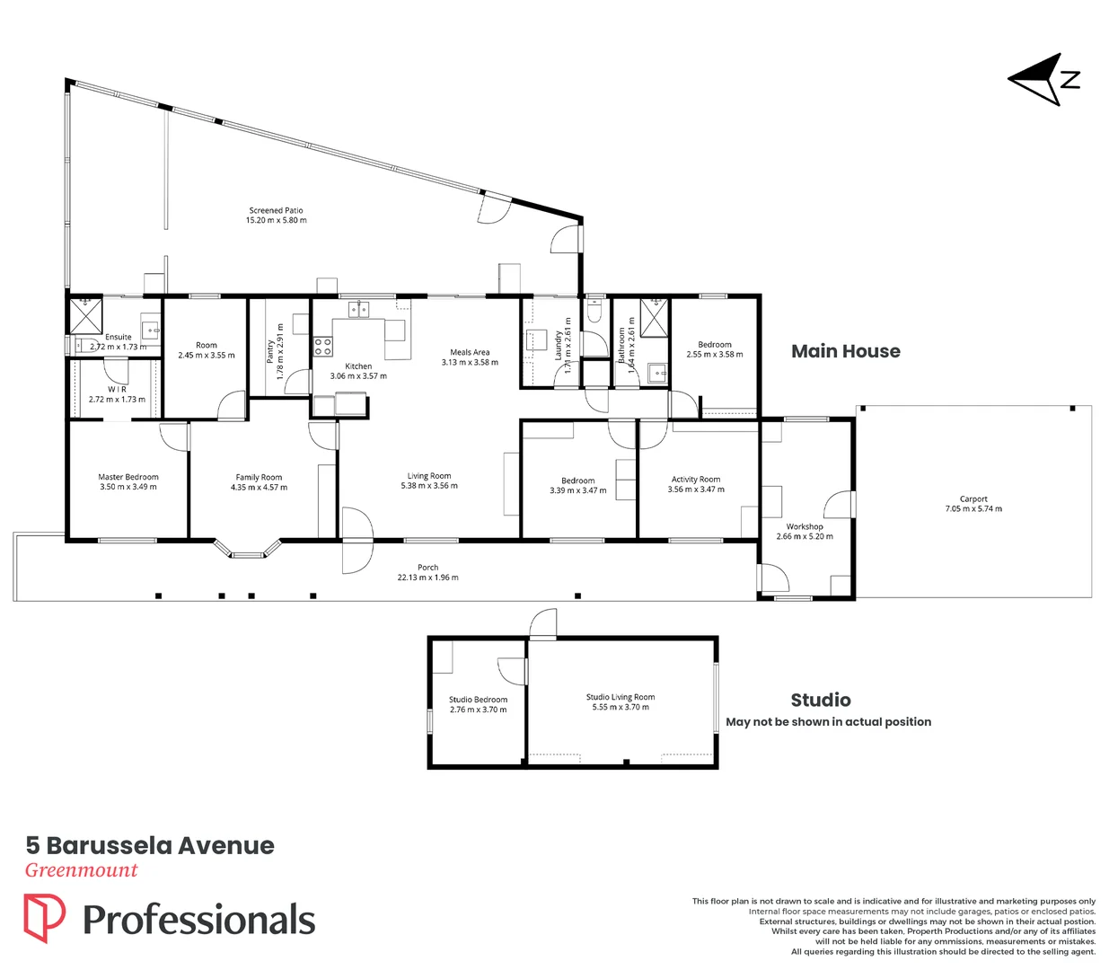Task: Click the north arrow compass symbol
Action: tap(1043, 80)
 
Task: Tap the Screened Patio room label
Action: tap(276, 210)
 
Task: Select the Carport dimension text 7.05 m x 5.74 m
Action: tap(973, 509)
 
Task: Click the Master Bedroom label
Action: tap(128, 477)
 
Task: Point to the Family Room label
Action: tap(259, 477)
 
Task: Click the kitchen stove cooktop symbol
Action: tap(322, 346)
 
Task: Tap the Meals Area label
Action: tap(470, 352)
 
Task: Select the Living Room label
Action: tap(429, 476)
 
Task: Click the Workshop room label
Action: tap(805, 526)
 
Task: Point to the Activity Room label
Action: tap(696, 480)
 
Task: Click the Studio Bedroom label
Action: tap(478, 700)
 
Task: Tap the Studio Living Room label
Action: tap(621, 697)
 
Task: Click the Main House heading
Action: tap(845, 351)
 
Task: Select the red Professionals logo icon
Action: tap(44, 918)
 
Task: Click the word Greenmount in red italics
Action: tap(81, 869)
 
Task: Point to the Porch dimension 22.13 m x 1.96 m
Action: tap(427, 578)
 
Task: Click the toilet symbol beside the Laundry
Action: tap(594, 310)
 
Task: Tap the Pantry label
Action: tap(270, 350)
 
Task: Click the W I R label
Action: tap(117, 389)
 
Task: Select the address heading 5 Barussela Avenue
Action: tap(150, 845)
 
